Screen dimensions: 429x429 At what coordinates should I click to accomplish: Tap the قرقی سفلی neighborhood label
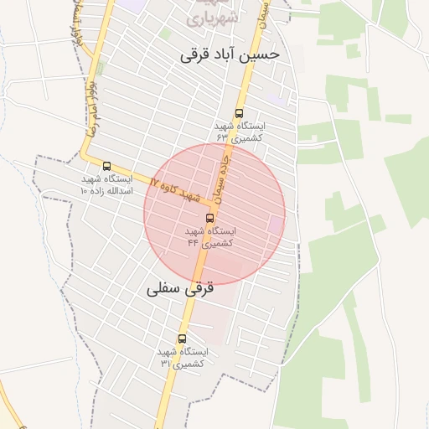point(180,288)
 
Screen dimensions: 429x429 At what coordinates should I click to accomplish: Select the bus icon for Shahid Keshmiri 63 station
point(239,113)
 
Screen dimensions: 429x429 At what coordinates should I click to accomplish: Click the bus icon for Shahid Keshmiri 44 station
point(209,218)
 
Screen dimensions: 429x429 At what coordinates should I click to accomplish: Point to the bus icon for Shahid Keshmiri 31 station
point(182,339)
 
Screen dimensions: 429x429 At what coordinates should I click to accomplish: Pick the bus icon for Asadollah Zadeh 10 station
point(106,166)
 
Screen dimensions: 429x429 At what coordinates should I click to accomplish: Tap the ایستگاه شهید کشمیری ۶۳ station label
point(239,132)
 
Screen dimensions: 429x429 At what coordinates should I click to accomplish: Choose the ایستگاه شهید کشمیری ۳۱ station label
point(182,358)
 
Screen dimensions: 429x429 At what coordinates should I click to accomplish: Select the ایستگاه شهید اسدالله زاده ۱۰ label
point(106,185)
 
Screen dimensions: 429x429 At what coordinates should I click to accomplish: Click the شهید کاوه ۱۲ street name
point(177,189)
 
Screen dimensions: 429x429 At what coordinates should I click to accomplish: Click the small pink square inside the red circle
point(275,225)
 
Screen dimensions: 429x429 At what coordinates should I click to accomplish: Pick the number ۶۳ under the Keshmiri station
point(222,137)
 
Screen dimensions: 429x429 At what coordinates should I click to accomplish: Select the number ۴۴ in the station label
point(193,242)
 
